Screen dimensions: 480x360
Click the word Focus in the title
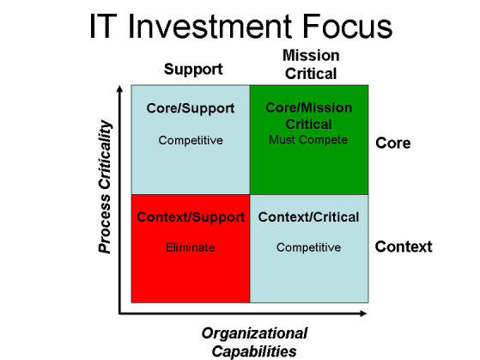[348, 27]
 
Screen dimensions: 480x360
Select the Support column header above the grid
[193, 70]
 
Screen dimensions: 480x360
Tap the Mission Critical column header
[311, 64]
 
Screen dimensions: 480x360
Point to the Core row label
[393, 143]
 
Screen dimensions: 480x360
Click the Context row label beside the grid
[404, 247]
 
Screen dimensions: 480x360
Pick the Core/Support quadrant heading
[191, 108]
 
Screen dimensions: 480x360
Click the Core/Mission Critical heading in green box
[309, 116]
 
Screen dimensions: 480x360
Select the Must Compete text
[308, 140]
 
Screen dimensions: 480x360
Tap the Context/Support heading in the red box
[191, 217]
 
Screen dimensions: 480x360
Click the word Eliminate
[190, 247]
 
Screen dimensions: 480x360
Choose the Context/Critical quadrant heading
[308, 217]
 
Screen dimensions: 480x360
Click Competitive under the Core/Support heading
[191, 140]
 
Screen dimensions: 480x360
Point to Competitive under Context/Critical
[308, 247]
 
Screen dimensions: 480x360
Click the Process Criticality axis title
[105, 186]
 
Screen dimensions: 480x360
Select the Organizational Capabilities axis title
[254, 342]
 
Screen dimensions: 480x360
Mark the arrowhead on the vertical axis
[120, 88]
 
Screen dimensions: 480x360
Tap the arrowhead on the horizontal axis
[363, 314]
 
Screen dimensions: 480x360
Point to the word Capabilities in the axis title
[254, 351]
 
